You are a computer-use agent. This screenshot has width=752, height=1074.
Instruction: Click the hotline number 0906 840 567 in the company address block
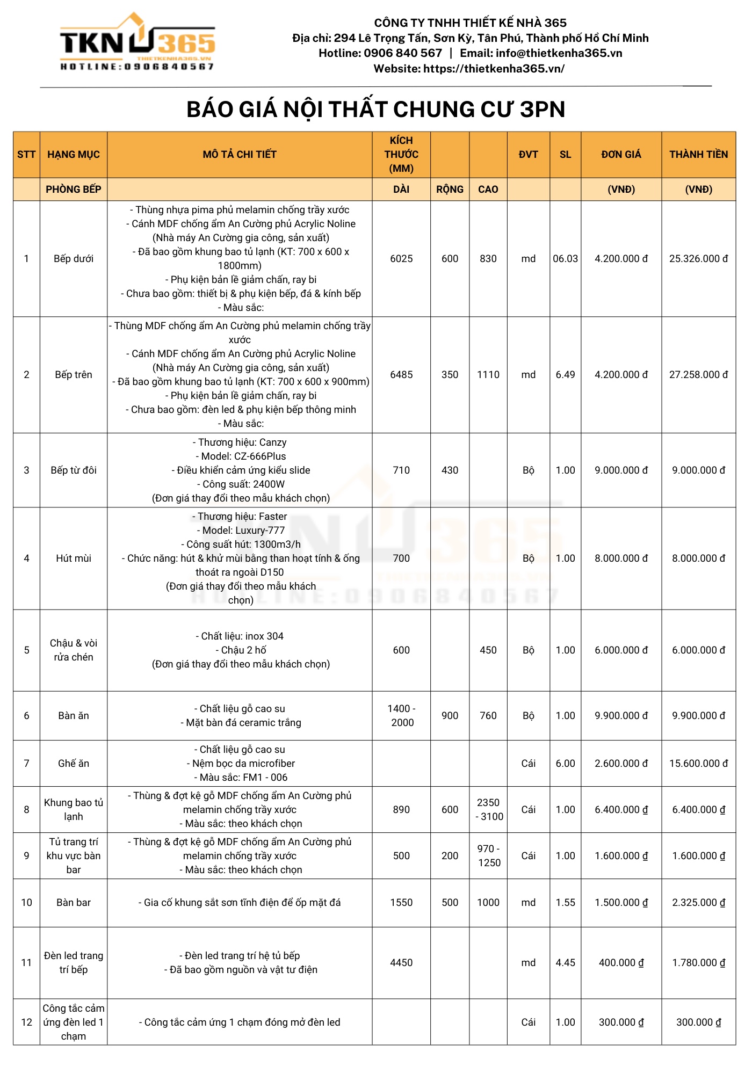click(x=402, y=53)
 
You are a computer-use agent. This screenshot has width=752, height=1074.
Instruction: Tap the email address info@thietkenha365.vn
click(x=559, y=53)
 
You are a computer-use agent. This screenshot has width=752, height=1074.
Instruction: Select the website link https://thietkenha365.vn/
click(x=494, y=69)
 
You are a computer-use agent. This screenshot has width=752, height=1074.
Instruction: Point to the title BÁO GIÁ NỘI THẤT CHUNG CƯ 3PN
click(x=375, y=110)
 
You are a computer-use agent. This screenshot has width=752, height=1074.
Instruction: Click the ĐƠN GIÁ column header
click(x=621, y=155)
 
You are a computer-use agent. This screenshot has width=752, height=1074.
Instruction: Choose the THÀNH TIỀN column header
click(x=698, y=155)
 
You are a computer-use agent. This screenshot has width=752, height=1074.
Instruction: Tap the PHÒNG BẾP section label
click(x=74, y=190)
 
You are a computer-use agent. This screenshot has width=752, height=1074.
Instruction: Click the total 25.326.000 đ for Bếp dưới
click(x=698, y=259)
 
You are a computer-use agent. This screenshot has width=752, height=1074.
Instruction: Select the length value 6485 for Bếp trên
click(x=401, y=375)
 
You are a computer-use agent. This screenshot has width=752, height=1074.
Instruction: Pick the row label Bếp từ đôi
click(x=74, y=470)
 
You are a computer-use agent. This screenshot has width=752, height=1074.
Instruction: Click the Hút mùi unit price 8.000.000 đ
click(x=621, y=558)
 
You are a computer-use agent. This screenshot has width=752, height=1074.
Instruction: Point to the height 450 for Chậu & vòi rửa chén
click(x=488, y=650)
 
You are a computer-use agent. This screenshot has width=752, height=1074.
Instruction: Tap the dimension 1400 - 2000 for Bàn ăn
click(x=402, y=716)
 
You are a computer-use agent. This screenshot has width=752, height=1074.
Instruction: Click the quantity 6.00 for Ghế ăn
click(x=565, y=764)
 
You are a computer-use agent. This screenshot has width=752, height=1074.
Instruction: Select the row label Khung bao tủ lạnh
click(x=74, y=810)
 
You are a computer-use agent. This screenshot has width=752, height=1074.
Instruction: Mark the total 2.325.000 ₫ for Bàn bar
click(x=698, y=903)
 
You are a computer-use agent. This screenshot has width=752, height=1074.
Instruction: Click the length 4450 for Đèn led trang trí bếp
click(x=401, y=963)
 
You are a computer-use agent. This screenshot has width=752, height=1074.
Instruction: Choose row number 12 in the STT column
click(x=27, y=1022)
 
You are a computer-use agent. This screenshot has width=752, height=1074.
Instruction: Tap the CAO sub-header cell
click(x=488, y=190)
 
